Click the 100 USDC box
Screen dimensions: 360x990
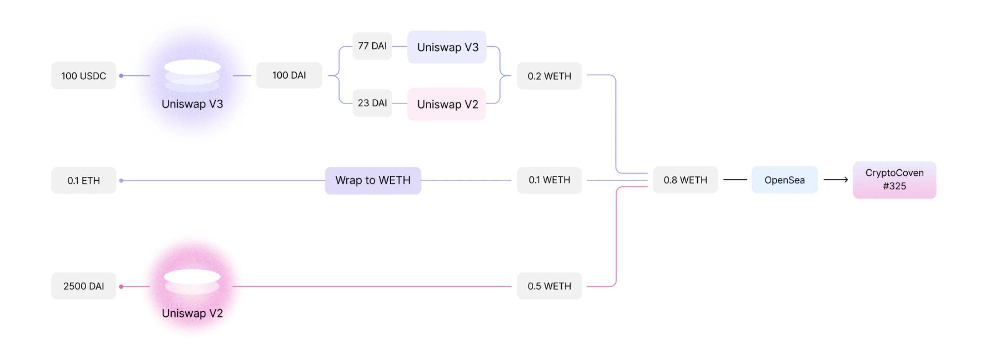click(x=84, y=76)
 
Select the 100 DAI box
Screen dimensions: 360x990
click(x=289, y=75)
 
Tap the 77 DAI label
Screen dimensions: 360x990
click(x=372, y=46)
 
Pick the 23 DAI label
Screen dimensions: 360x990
click(x=372, y=103)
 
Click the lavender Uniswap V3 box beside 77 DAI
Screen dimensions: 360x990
click(x=447, y=47)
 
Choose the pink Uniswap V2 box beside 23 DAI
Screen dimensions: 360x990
click(x=447, y=104)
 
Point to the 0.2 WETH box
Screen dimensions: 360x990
click(x=549, y=76)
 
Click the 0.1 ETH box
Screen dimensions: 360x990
click(x=84, y=181)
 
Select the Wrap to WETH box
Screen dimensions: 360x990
click(x=373, y=180)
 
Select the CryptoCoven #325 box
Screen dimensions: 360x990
click(x=894, y=180)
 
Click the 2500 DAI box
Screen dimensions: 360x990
click(x=84, y=286)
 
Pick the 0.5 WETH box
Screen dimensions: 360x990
click(x=549, y=286)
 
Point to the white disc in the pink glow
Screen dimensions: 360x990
click(x=192, y=277)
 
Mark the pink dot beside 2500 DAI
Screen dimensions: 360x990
click(x=121, y=286)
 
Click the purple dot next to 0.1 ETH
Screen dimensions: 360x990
click(x=121, y=181)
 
